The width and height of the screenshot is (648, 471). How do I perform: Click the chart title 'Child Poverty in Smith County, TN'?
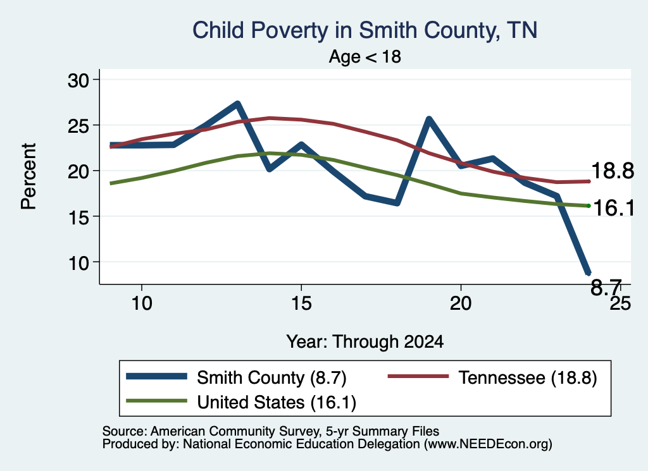(x=365, y=31)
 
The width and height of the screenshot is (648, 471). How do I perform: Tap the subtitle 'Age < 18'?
(x=365, y=56)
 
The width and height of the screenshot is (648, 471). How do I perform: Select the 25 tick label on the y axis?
(x=78, y=126)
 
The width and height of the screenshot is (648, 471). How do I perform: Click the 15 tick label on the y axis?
(x=78, y=217)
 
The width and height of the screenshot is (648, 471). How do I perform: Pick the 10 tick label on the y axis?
(x=78, y=262)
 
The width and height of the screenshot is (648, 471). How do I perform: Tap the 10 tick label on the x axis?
(x=142, y=303)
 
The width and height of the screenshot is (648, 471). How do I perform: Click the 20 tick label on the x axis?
(x=461, y=303)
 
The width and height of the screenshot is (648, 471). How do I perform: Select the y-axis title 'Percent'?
(x=29, y=176)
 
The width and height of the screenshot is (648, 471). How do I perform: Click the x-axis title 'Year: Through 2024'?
(x=365, y=342)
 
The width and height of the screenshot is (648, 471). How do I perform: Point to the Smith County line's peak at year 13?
(x=237, y=104)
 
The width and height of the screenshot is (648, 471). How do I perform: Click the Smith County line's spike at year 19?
(x=429, y=119)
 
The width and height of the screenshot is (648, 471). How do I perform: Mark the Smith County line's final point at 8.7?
(x=588, y=272)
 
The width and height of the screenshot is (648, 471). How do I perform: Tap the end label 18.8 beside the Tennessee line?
(x=613, y=171)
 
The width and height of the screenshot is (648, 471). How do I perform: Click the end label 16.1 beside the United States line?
(x=613, y=207)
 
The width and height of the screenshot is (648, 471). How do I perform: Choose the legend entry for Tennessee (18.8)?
(x=492, y=377)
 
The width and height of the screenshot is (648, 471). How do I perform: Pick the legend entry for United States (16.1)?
(x=241, y=402)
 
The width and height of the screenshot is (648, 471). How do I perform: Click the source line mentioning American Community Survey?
(x=271, y=431)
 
